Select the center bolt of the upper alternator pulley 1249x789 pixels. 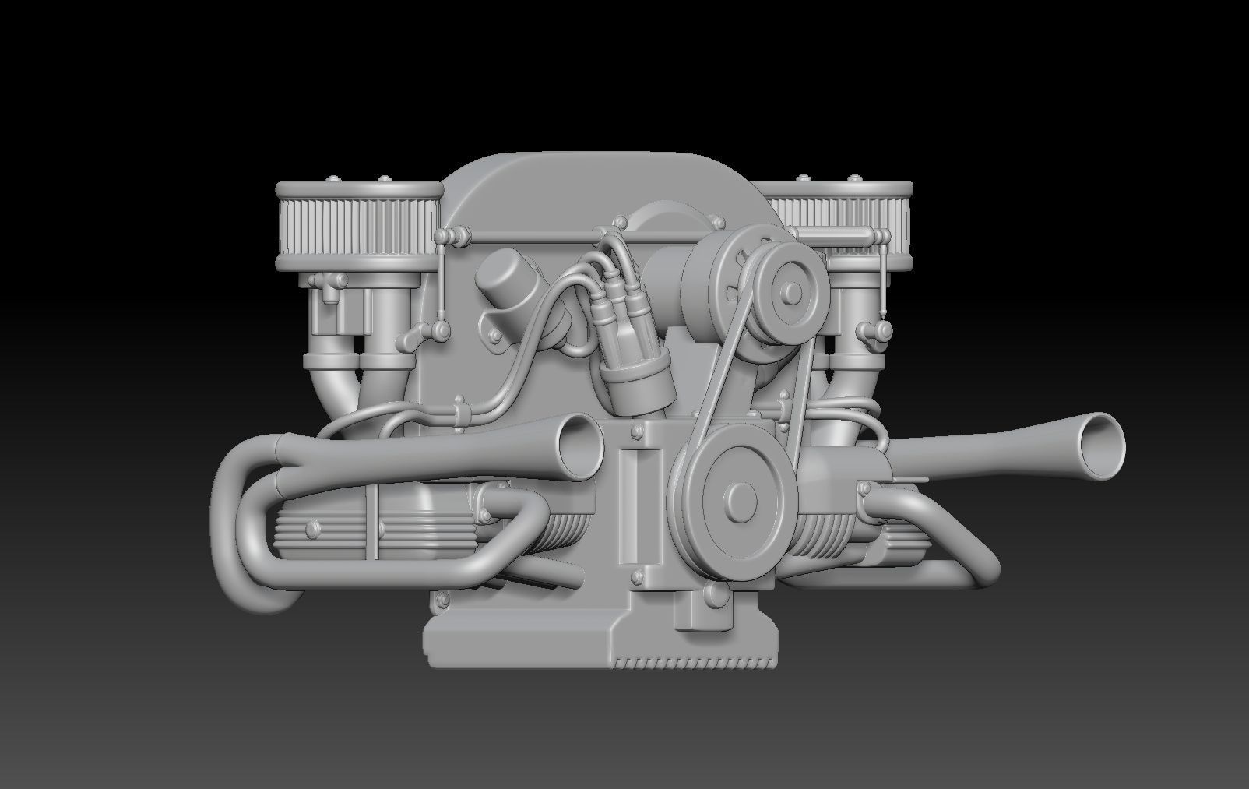792,292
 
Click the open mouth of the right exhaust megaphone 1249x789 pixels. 1101,446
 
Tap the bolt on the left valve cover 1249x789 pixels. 314,528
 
